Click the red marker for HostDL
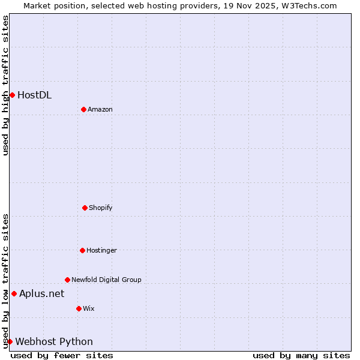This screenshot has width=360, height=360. (12, 95)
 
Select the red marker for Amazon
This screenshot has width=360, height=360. (83, 109)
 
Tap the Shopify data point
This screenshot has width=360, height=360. (85, 208)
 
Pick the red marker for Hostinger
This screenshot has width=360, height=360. (82, 250)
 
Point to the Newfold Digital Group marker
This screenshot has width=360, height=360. (67, 280)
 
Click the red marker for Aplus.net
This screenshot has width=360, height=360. (14, 293)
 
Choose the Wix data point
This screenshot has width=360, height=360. (79, 308)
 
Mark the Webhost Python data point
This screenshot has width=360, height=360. (10, 341)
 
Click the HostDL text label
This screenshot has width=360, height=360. (34, 95)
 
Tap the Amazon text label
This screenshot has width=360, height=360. (100, 109)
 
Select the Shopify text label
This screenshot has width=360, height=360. (101, 208)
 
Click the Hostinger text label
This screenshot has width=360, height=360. (101, 250)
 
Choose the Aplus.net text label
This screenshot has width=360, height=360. (41, 293)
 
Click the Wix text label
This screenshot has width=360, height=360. (89, 308)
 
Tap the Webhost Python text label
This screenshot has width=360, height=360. (54, 341)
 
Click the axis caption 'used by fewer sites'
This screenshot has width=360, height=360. (62, 355)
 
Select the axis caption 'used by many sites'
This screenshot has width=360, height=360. (301, 355)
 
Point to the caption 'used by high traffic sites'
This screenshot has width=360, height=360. (5, 85)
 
